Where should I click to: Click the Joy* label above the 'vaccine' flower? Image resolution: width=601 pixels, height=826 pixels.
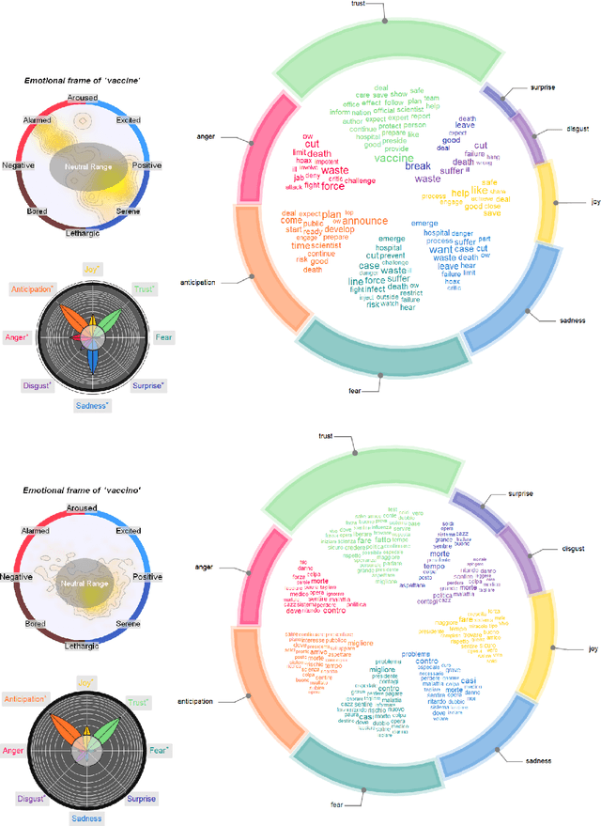pyautogui.click(x=92, y=269)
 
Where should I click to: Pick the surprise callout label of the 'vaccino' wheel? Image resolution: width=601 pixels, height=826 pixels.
pyautogui.click(x=520, y=493)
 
